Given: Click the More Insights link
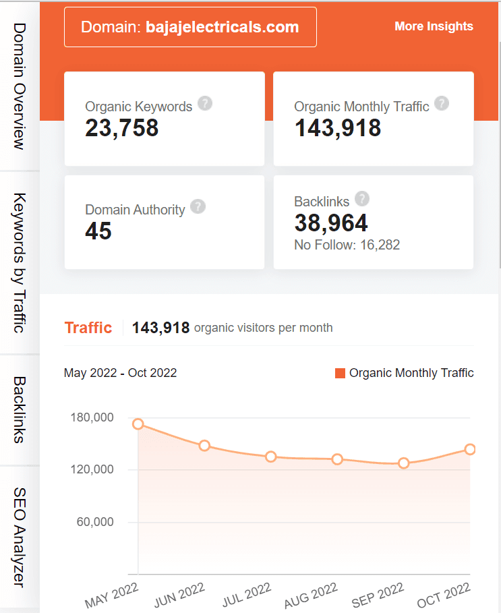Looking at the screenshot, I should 434,26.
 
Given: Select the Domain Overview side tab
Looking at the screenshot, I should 19,86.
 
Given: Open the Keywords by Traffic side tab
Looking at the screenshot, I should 19,263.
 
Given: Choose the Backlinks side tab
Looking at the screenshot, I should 19,409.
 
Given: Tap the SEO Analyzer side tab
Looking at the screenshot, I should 19,537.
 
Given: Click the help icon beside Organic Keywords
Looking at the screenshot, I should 205,104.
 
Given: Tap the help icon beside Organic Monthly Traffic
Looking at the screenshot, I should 442,103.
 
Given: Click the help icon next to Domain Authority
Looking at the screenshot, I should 198,206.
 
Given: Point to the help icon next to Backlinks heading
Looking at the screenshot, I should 362,198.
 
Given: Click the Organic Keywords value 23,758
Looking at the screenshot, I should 122,127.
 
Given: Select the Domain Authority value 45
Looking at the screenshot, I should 98,231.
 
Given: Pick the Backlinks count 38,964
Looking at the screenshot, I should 331,223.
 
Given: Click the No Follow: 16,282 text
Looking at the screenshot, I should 347,245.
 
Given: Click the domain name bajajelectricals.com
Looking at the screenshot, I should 223,27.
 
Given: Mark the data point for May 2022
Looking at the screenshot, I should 138,424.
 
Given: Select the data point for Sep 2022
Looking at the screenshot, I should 404,463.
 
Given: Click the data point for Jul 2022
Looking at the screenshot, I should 271,457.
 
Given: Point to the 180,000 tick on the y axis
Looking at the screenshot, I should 92,417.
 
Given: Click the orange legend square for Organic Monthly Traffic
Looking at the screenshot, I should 340,373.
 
